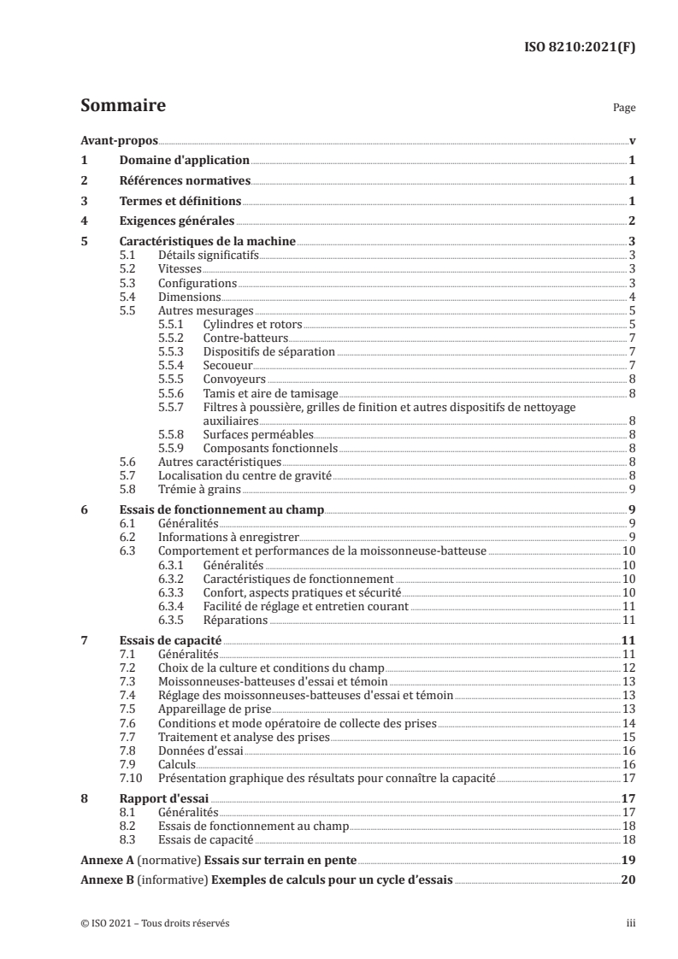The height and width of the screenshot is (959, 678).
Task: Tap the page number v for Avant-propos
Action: click(x=631, y=140)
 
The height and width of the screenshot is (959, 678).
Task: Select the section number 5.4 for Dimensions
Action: click(x=127, y=296)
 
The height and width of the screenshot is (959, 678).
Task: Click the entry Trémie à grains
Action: click(x=198, y=489)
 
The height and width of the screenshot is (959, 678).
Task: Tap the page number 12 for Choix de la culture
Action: click(x=628, y=668)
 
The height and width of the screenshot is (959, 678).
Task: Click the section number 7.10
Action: click(x=130, y=778)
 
